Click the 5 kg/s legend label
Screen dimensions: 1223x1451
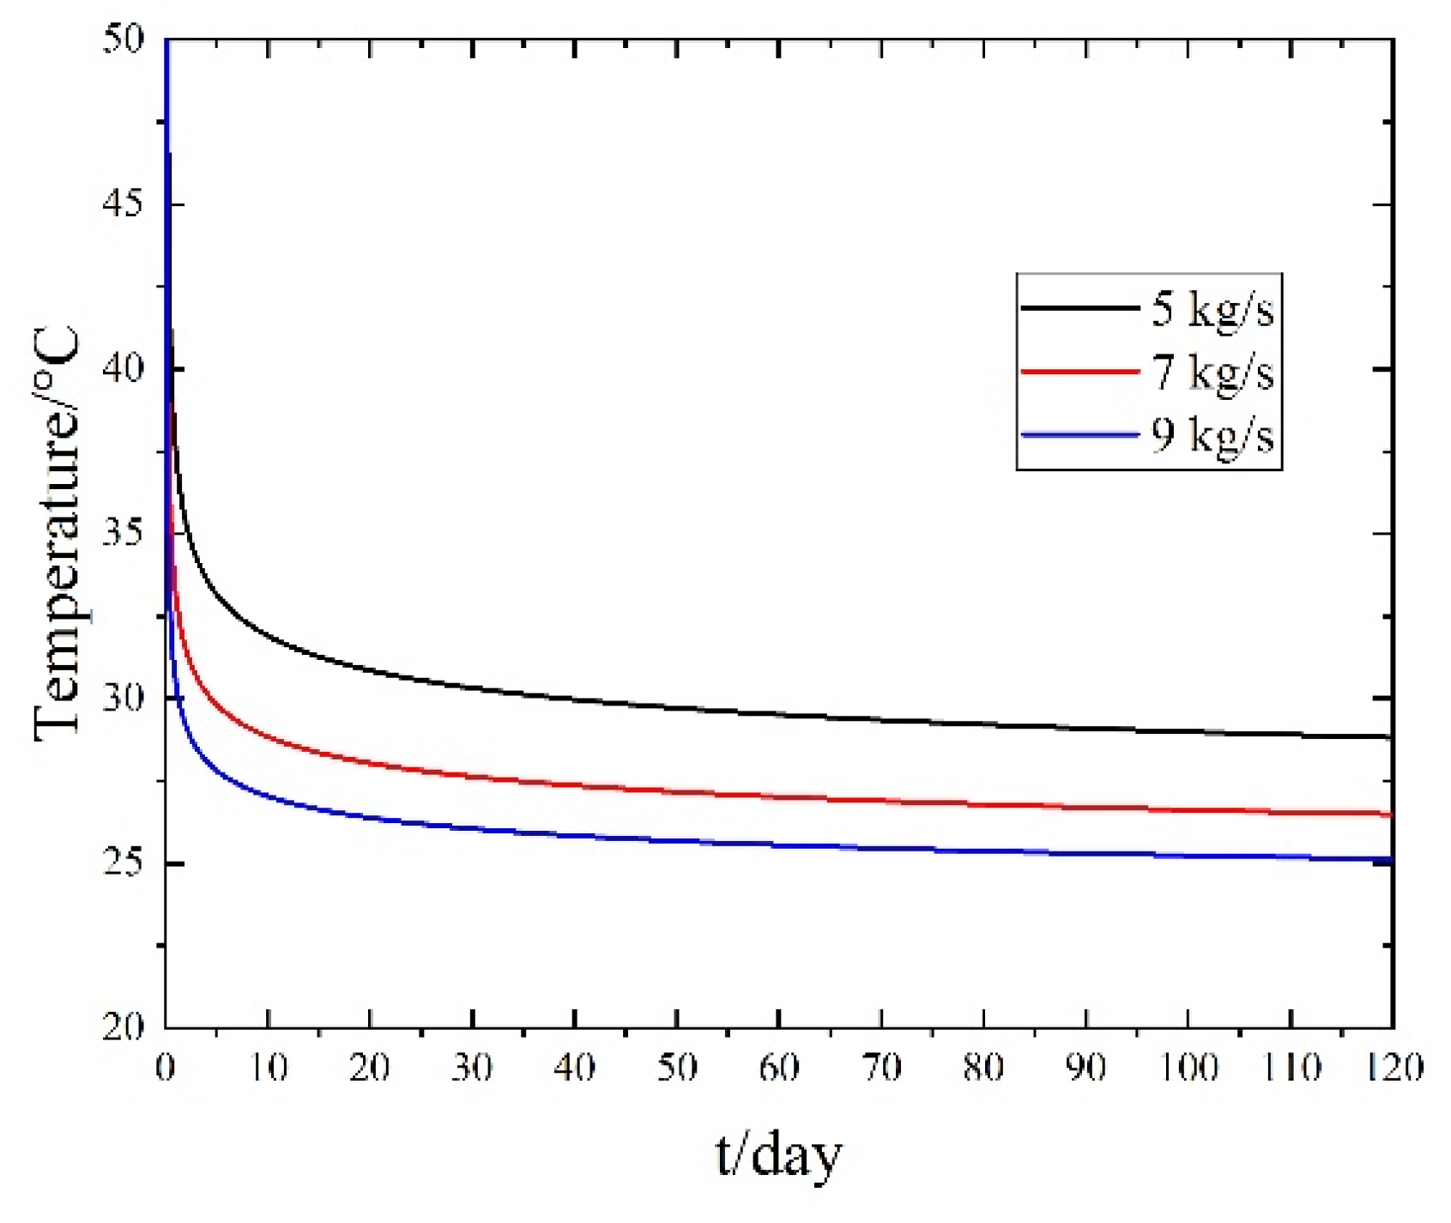(x=1212, y=309)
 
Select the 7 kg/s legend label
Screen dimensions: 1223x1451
(x=1212, y=372)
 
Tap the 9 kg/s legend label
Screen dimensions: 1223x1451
(x=1212, y=436)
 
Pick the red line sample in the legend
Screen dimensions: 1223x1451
(x=1079, y=372)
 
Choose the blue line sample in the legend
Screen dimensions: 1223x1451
(x=1079, y=435)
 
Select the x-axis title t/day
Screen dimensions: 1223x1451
(x=778, y=1155)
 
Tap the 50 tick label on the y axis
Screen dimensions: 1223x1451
(x=123, y=39)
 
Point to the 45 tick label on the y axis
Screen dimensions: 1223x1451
(x=123, y=204)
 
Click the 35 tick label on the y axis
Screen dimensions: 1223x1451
(x=123, y=534)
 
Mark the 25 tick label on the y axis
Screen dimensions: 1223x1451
(x=123, y=863)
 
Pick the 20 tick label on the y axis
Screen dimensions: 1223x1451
(x=123, y=1026)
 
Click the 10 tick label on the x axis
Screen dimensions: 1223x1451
(x=269, y=1069)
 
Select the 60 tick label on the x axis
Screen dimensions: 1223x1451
(x=779, y=1069)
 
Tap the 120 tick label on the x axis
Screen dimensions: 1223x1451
(x=1390, y=1069)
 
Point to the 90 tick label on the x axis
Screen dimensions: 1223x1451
(x=1085, y=1069)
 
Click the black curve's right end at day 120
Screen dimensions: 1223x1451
(x=1390, y=737)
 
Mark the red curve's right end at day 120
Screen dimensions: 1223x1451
(x=1390, y=814)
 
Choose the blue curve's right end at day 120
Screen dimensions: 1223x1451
(x=1390, y=859)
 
